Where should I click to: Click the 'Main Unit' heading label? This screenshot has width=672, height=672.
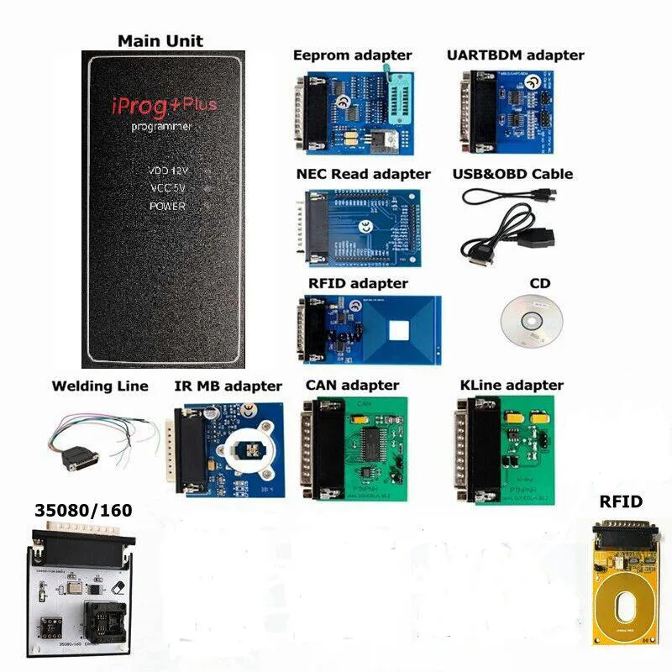click(x=160, y=40)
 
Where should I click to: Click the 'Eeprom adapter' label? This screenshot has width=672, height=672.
click(x=352, y=55)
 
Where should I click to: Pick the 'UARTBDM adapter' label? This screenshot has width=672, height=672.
click(x=516, y=55)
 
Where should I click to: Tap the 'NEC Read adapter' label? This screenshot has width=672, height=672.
click(x=363, y=174)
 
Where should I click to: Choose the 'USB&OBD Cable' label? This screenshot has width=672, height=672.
click(x=517, y=174)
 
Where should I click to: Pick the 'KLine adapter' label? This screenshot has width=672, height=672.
click(x=512, y=386)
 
